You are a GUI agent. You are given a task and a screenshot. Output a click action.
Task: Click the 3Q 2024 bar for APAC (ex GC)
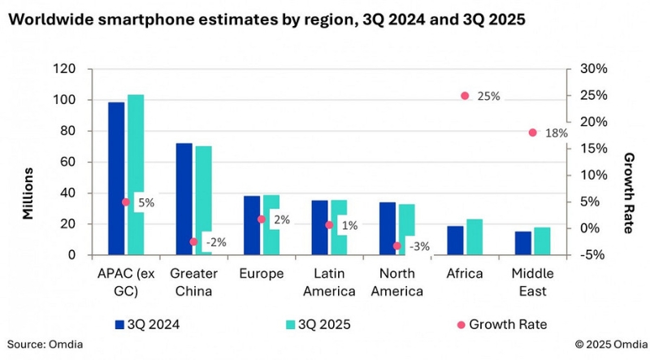click(116, 179)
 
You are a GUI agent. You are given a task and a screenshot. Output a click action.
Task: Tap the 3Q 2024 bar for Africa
click(455, 241)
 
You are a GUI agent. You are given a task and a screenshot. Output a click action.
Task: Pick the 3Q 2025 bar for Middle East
click(542, 241)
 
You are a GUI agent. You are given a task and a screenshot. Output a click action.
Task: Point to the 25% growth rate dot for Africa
click(466, 96)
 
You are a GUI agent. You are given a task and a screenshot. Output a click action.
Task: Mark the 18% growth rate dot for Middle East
click(533, 132)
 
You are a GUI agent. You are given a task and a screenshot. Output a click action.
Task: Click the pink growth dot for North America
click(397, 245)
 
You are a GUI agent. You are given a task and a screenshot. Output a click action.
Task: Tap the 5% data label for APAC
click(145, 202)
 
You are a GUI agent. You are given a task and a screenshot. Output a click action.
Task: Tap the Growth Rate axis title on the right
click(627, 193)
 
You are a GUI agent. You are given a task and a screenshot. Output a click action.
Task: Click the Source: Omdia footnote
click(45, 345)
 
